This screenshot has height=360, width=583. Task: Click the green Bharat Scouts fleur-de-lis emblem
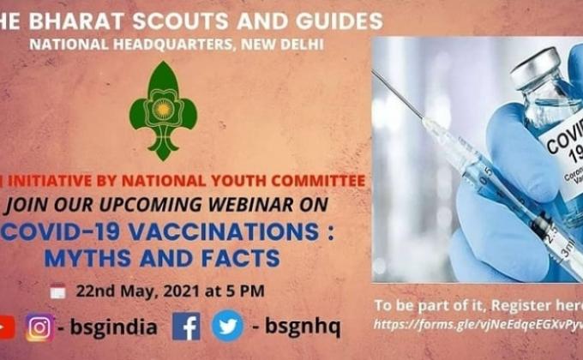point(163,111)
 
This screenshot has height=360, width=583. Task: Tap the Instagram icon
point(39,327)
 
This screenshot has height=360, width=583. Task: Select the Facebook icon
point(186,327)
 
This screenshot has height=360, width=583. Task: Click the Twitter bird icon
point(226,327)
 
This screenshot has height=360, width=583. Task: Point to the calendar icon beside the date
point(57,291)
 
